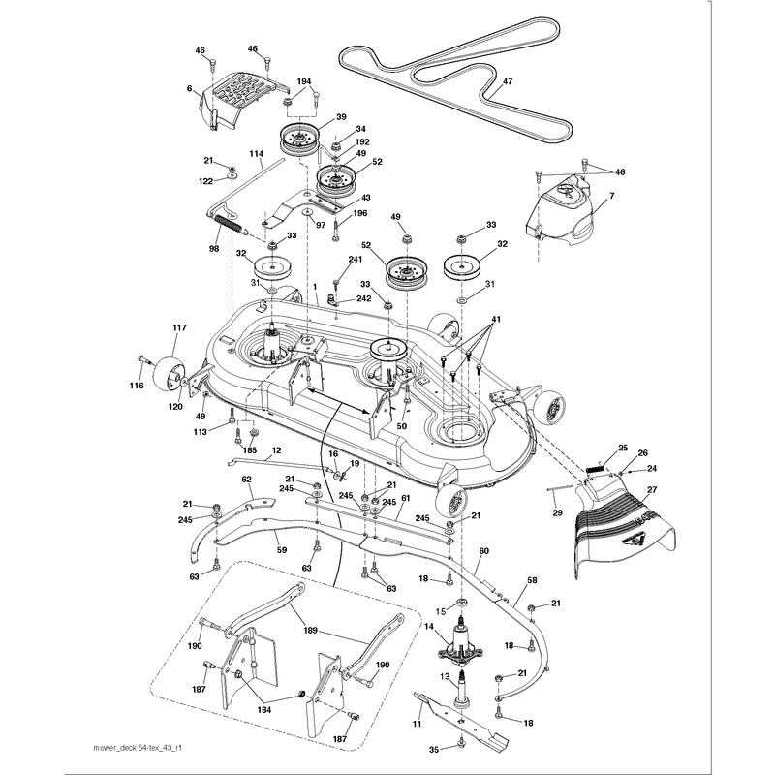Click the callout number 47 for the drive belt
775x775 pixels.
(508, 82)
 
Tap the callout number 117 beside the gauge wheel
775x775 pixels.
(179, 327)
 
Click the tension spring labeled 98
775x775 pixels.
(231, 225)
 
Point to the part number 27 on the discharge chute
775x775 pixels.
(652, 490)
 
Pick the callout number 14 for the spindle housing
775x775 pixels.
(429, 627)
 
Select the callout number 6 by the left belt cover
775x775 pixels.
(189, 88)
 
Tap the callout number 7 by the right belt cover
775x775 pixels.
(612, 196)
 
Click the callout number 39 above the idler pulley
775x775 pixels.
(341, 117)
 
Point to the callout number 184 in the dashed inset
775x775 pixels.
(263, 710)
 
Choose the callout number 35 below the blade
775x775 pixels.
(433, 750)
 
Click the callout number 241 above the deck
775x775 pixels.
(355, 259)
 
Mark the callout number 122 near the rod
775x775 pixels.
(205, 181)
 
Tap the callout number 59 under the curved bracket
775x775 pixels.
(282, 549)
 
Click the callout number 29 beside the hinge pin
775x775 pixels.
(558, 513)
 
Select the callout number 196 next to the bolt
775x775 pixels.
(360, 213)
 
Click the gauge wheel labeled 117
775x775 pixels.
(168, 374)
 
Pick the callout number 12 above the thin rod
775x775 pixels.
(277, 450)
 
